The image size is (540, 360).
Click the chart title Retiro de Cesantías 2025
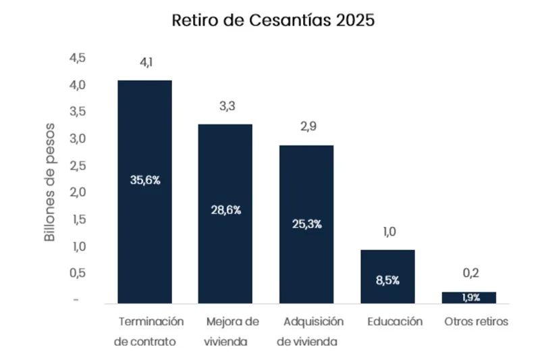[x=273, y=21]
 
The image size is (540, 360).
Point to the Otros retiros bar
[x=468, y=298]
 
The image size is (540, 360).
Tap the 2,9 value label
[x=306, y=128]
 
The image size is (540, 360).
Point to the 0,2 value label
[x=468, y=274]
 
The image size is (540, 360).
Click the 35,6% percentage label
[x=144, y=180]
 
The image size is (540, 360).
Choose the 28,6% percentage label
[x=225, y=210]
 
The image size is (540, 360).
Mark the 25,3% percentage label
[x=306, y=224]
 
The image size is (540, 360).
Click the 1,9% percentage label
[x=468, y=298]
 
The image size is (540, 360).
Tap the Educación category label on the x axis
[x=395, y=322]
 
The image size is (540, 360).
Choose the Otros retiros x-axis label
[x=476, y=322]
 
